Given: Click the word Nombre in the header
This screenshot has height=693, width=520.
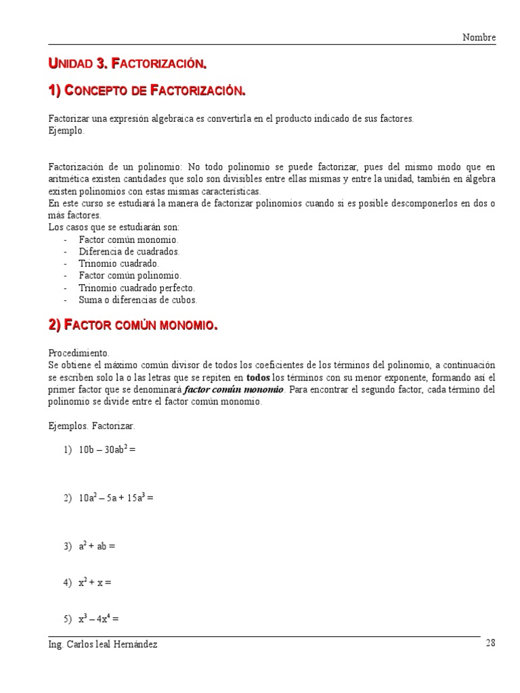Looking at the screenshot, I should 479,37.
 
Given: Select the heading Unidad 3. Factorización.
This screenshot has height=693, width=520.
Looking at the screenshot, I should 127,64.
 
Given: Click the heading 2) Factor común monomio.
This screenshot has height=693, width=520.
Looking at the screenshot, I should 133,326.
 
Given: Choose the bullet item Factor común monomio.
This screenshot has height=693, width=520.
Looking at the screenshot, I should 129,240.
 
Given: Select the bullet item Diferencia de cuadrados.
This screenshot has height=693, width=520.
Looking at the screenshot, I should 129,252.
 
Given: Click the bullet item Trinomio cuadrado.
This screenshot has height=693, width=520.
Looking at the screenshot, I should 119,263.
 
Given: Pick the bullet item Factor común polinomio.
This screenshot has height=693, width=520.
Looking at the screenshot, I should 130,275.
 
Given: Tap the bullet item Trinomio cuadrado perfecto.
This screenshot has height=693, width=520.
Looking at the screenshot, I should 137,288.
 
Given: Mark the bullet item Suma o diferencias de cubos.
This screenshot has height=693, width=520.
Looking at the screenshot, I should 138,299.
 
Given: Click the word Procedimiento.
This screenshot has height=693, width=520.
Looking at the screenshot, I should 78,353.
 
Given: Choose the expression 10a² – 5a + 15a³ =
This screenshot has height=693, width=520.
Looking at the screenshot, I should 116,498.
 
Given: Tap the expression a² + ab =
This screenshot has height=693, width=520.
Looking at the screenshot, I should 97,546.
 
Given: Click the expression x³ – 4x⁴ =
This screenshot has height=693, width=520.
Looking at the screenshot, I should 99,618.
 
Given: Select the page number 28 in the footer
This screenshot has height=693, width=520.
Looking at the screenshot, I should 491,644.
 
